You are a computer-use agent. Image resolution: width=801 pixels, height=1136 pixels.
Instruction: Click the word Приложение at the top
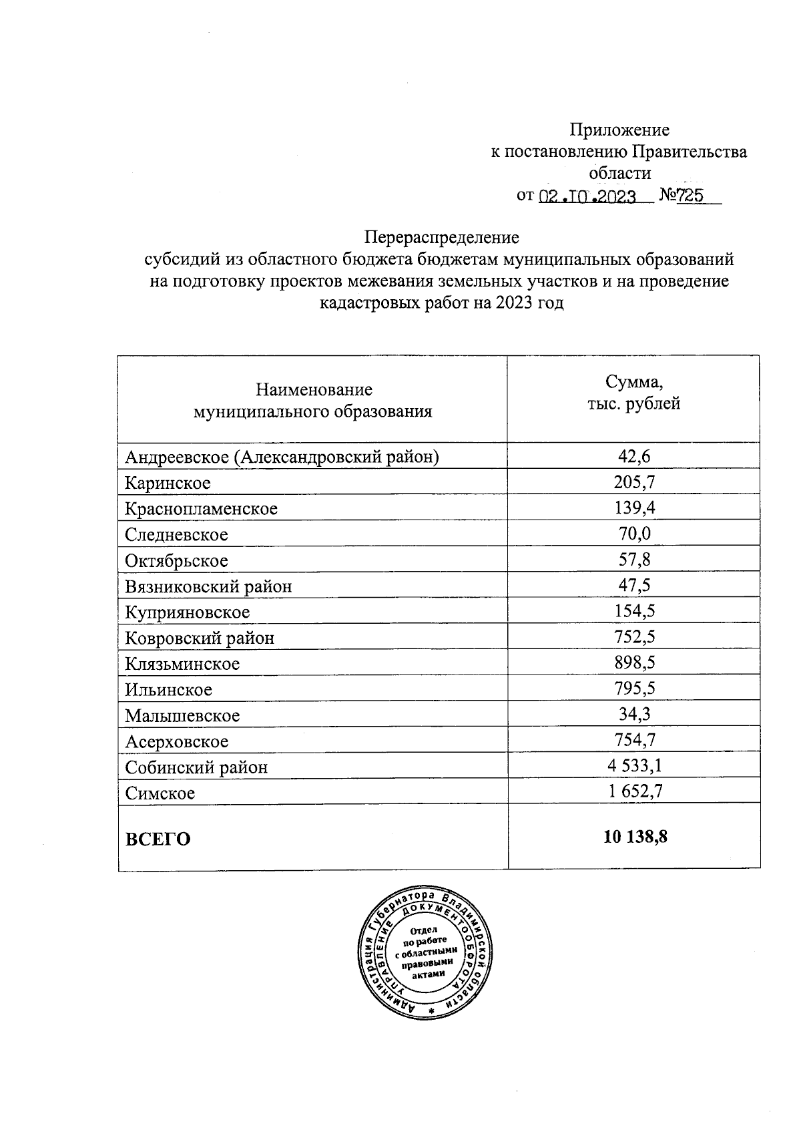619,130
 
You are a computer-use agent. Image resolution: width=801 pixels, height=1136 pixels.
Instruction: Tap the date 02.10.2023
587,196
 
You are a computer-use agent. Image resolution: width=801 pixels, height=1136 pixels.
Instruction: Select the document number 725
692,196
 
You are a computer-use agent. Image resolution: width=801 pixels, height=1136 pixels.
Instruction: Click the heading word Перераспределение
441,237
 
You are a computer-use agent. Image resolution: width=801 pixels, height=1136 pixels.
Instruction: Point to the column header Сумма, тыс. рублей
633,393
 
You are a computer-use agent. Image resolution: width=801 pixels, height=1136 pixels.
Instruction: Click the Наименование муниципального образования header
312,400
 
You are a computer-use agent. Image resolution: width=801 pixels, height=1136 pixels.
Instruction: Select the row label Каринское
168,483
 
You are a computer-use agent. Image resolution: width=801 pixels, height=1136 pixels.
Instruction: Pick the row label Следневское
177,535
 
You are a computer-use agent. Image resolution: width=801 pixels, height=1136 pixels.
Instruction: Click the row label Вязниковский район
209,586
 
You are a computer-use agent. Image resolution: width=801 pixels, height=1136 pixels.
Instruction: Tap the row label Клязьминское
182,664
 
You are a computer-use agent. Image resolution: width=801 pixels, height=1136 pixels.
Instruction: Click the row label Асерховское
177,741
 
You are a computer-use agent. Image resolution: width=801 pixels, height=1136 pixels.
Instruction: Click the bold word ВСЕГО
158,839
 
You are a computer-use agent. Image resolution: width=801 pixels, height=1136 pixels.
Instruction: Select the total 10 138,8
635,837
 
